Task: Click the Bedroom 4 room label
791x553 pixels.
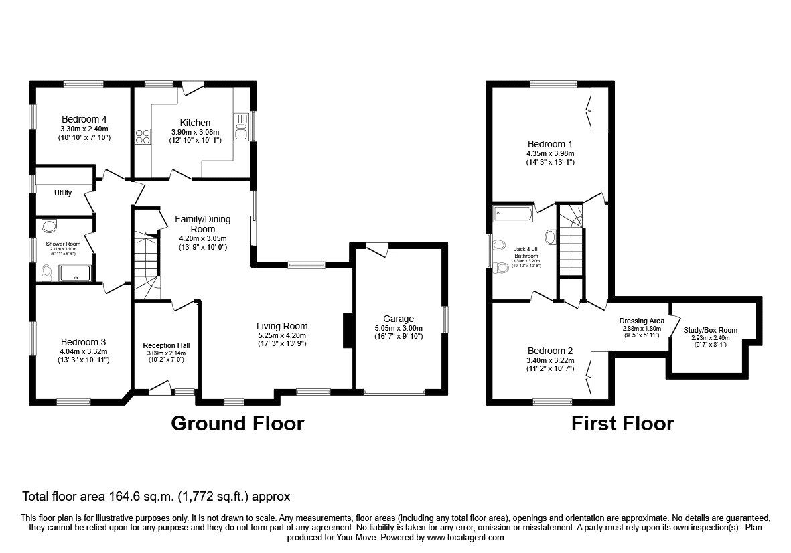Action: point(84,118)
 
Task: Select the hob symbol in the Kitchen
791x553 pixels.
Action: point(143,137)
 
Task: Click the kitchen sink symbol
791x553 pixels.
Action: point(241,127)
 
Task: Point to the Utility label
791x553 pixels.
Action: point(63,193)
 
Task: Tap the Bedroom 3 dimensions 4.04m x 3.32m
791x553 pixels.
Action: point(84,351)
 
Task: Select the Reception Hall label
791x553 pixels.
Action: point(164,345)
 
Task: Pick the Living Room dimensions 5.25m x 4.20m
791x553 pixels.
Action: point(282,336)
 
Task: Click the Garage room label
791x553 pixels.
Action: point(399,319)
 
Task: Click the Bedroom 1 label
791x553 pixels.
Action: point(550,144)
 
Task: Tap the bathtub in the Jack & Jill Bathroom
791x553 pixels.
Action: point(512,214)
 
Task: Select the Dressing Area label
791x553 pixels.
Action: point(642,321)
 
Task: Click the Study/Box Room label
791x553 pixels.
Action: point(710,330)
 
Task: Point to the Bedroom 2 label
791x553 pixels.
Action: point(550,351)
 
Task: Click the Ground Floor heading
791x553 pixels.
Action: point(237,424)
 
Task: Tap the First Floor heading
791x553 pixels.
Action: point(622,424)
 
